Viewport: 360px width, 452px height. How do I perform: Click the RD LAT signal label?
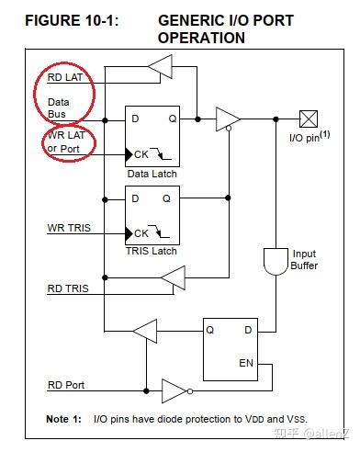coord(65,77)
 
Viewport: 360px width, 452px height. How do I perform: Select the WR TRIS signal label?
coord(70,227)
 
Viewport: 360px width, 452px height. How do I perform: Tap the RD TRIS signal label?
coord(69,288)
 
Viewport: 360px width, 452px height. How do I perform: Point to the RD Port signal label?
coord(66,385)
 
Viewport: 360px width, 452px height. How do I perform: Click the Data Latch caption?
coord(152,173)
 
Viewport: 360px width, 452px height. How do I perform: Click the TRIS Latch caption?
coord(152,250)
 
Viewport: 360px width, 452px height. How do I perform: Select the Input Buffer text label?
coord(303,260)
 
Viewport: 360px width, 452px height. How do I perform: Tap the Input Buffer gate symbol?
coord(274,260)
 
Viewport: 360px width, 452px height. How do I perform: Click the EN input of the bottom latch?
coord(245,363)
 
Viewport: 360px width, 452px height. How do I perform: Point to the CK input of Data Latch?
coord(141,154)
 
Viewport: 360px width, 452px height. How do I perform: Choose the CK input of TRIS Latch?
coord(141,232)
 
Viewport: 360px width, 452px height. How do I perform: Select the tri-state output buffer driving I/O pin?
coord(227,119)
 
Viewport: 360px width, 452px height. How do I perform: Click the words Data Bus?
coord(58,107)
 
